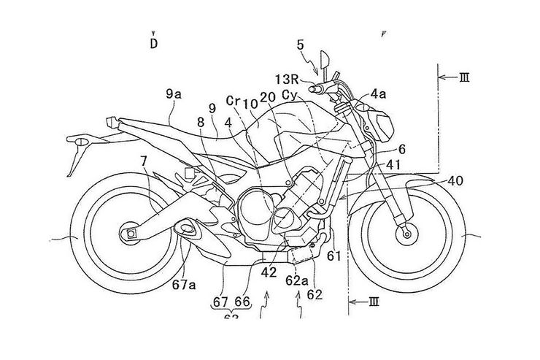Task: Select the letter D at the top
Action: [x=154, y=43]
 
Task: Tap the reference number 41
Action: [x=395, y=166]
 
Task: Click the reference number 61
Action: [x=333, y=255]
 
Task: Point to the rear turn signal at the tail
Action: [x=75, y=139]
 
